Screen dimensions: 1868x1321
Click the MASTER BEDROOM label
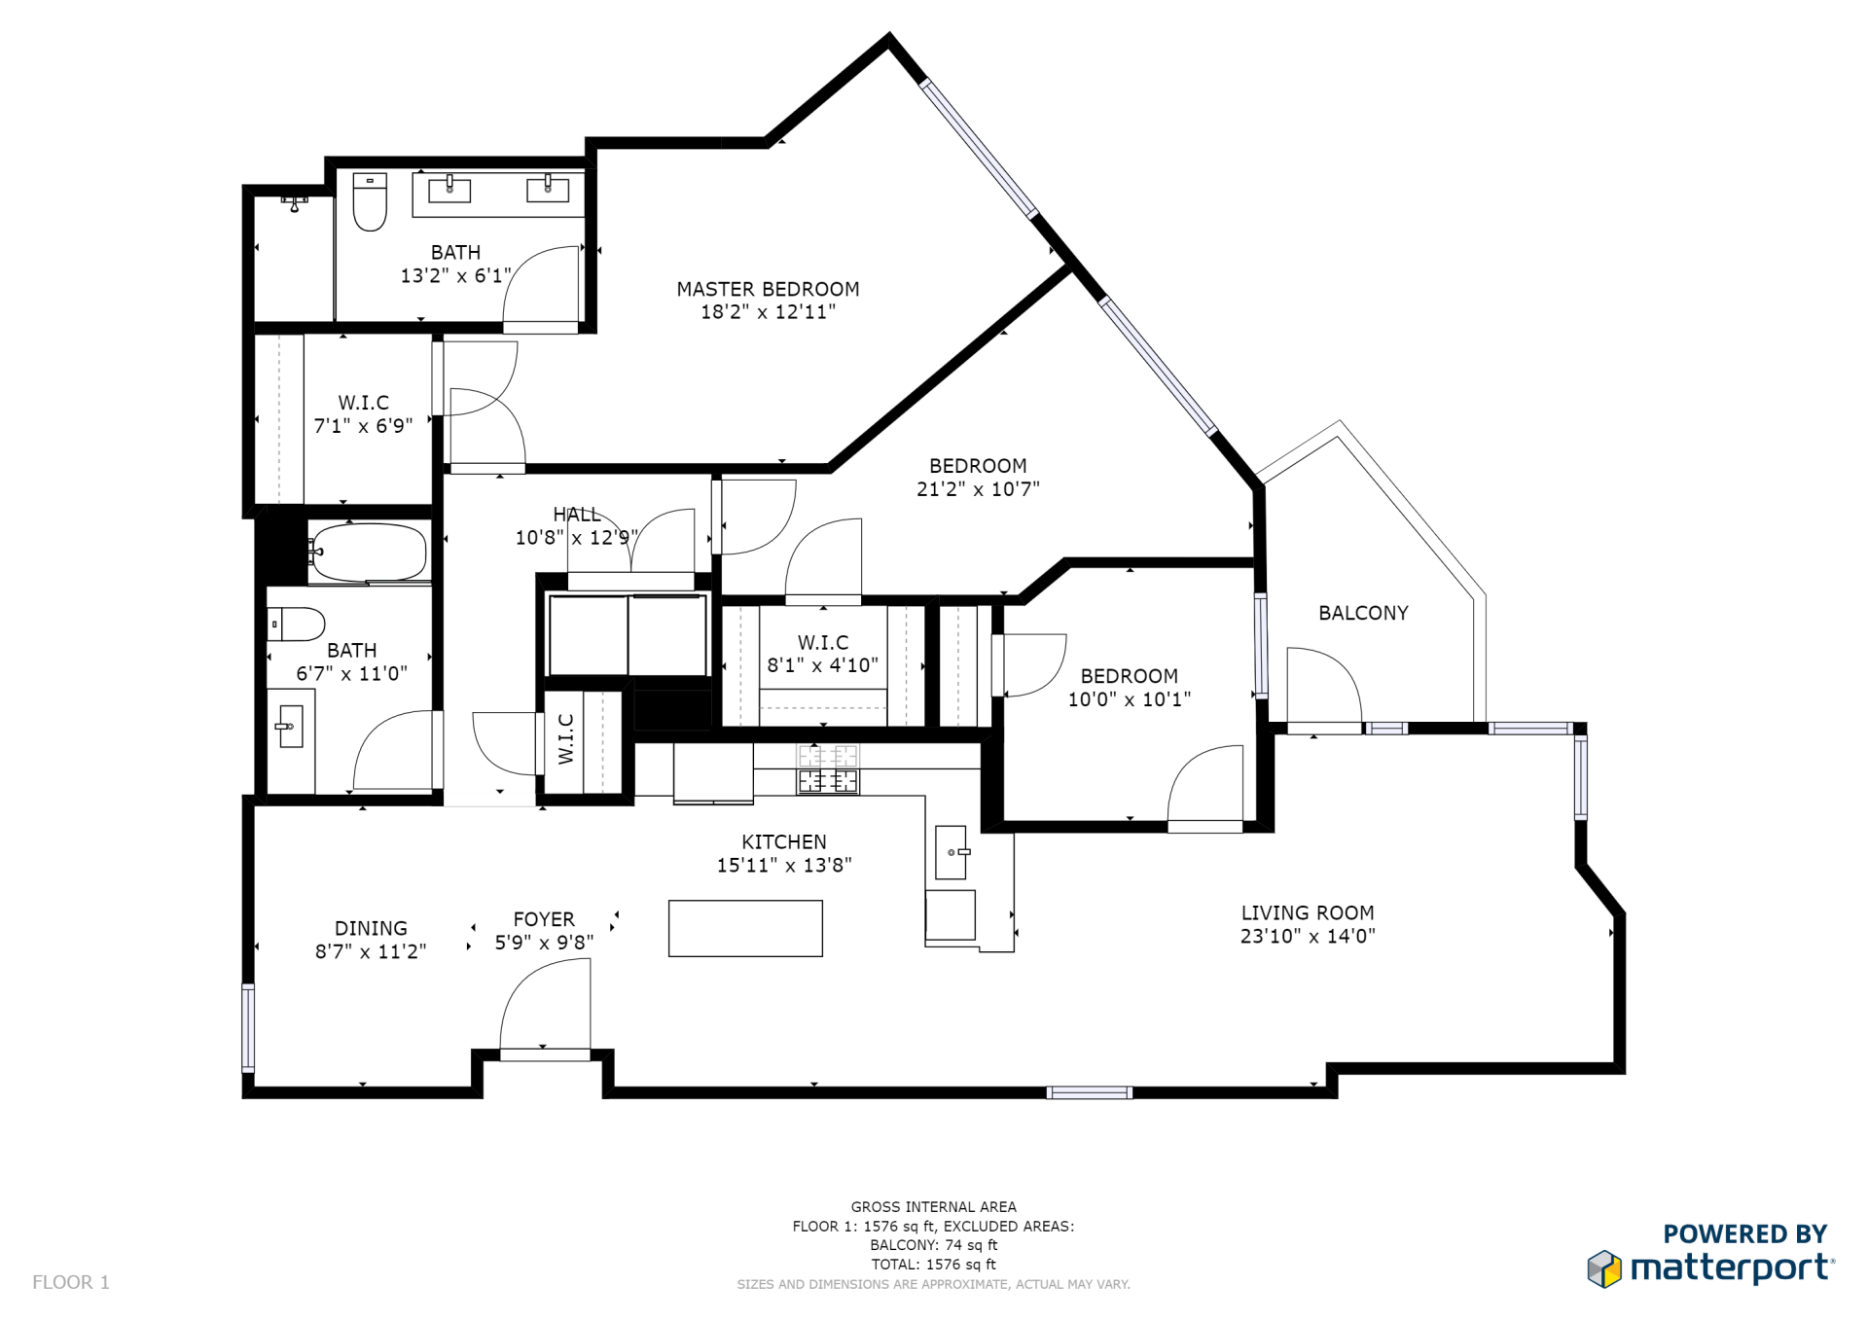(768, 289)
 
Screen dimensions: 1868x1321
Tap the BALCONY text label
(1363, 613)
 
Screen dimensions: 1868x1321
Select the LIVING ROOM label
(1308, 912)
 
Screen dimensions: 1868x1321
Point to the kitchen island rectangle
(745, 928)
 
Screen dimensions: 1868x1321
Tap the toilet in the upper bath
(370, 201)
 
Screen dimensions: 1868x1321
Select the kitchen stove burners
(828, 769)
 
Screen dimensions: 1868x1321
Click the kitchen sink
(951, 852)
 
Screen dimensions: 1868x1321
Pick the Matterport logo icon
(1604, 1268)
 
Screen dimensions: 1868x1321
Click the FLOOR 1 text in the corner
(71, 1282)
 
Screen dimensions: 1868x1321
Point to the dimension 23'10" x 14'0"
(1308, 936)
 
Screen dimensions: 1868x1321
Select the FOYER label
(544, 919)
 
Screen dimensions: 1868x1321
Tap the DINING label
(371, 928)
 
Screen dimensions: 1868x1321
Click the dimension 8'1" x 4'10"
(823, 665)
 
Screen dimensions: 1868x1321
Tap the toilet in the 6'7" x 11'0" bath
(296, 625)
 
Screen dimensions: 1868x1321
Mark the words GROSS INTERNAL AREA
(934, 1207)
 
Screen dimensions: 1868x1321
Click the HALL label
(577, 515)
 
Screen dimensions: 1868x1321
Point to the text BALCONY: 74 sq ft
(934, 1245)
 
